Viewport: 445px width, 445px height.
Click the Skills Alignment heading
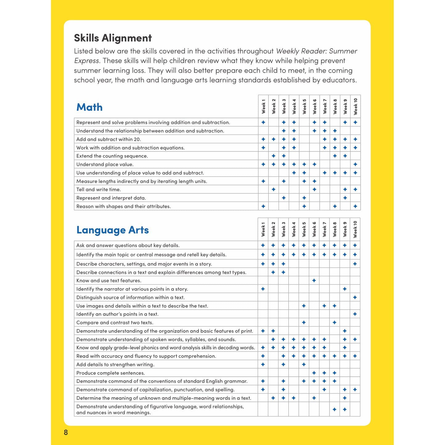(113, 38)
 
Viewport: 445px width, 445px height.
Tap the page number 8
(66, 432)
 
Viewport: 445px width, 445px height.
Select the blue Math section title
(89, 107)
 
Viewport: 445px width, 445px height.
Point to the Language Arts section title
(112, 230)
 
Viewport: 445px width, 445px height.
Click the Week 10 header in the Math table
(355, 107)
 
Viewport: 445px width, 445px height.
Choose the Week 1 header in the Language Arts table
(263, 229)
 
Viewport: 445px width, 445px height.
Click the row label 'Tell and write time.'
(99, 189)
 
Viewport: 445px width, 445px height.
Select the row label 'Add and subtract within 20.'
(108, 139)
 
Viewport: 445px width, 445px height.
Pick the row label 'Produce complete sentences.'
(110, 373)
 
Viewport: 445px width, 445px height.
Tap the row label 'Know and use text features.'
(109, 281)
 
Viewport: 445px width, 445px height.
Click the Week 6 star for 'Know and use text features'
(314, 281)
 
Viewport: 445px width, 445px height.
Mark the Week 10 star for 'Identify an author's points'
(355, 314)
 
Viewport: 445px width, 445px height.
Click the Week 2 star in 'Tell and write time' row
(273, 189)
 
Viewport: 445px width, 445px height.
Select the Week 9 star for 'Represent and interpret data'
(345, 198)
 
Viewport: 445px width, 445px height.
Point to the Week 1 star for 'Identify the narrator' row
(263, 289)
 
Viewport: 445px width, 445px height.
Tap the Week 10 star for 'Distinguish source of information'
(355, 297)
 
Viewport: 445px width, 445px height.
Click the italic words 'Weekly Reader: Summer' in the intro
(317, 51)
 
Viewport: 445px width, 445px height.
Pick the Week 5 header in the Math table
(304, 107)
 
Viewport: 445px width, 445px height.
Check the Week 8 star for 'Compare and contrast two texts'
(335, 323)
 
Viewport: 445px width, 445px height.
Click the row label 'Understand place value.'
(105, 164)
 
